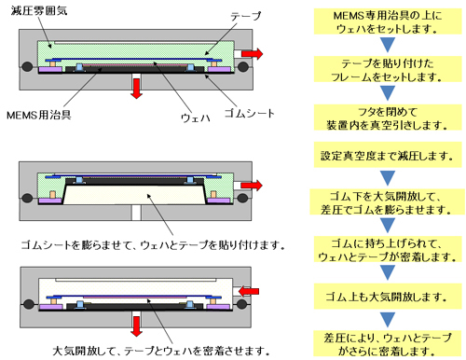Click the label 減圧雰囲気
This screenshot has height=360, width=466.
click(x=39, y=10)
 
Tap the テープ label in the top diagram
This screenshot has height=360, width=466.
click(x=246, y=16)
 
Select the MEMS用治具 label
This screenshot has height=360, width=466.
click(x=38, y=115)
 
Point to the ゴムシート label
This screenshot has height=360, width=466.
click(x=249, y=113)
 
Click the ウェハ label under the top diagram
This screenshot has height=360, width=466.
click(x=196, y=118)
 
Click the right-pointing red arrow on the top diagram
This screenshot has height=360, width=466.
click(x=252, y=54)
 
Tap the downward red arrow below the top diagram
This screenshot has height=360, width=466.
click(x=136, y=89)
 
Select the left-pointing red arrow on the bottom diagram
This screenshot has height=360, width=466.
click(x=249, y=291)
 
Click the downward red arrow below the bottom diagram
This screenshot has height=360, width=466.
click(x=136, y=326)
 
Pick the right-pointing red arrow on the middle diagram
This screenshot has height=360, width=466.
click(x=252, y=186)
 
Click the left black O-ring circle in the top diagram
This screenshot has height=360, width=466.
click(x=27, y=66)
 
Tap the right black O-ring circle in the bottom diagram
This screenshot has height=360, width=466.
click(x=242, y=304)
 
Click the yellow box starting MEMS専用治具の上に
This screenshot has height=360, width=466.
click(x=388, y=21)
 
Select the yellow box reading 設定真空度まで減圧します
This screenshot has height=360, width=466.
click(x=388, y=155)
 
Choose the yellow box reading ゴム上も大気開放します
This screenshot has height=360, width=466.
click(x=388, y=297)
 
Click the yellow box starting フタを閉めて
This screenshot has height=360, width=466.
click(x=388, y=118)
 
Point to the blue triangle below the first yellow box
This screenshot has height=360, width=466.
click(x=388, y=45)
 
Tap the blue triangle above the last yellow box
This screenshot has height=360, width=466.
click(x=388, y=319)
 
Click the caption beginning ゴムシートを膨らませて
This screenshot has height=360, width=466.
click(x=153, y=245)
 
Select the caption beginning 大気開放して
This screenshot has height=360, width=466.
click(x=161, y=351)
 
